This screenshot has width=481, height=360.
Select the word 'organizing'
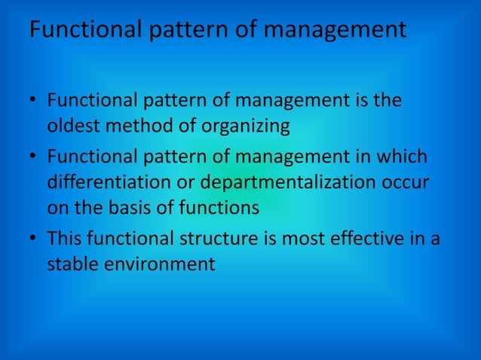pyautogui.click(x=248, y=126)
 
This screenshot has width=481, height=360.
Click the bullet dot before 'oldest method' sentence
pyautogui.click(x=35, y=100)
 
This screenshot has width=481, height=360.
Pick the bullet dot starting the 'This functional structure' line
pyautogui.click(x=35, y=239)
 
